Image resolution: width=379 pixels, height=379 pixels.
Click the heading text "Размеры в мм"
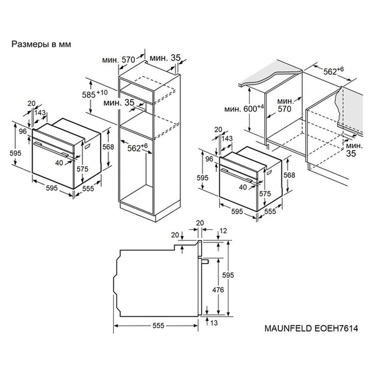pos(41,44)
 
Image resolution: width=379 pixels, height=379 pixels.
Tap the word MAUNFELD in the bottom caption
pos(288,328)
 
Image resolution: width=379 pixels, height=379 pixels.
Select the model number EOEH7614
pos(336,328)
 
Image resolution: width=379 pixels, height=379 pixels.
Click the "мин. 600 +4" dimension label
pos(244,108)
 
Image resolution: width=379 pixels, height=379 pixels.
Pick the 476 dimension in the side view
pos(218,289)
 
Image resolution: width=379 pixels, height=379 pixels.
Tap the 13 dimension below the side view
pos(214,323)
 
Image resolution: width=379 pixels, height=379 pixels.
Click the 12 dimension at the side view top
pos(224,231)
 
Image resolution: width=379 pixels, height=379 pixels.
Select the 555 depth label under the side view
pos(158,326)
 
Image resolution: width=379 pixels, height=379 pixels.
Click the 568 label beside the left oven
pos(108,147)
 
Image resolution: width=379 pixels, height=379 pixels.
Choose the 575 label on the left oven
pos(82,169)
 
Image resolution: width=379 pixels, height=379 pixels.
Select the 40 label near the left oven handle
pos(59,163)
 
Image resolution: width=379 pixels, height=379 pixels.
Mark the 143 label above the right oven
pos(227,138)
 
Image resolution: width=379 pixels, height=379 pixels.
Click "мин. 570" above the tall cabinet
pos(118,60)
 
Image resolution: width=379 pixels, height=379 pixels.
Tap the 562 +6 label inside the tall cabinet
pos(137,147)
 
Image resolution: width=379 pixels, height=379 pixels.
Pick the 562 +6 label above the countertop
pos(334,70)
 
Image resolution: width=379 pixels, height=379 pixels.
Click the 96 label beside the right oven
pos(209,159)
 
